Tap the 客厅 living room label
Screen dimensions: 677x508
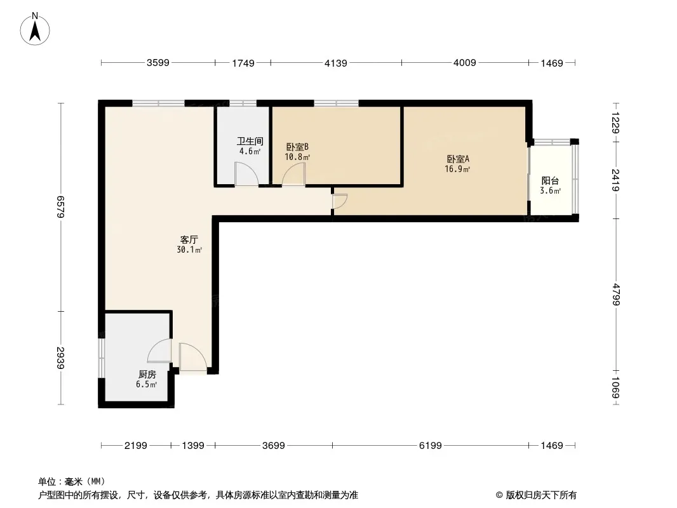click(189, 239)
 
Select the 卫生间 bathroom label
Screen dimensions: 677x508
click(250, 141)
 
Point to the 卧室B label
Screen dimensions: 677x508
click(297, 147)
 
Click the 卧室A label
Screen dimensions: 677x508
click(458, 159)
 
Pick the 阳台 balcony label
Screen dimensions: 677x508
click(550, 181)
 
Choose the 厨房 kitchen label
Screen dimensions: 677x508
click(147, 374)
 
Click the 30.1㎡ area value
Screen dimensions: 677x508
click(189, 250)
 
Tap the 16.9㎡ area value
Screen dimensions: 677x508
click(458, 169)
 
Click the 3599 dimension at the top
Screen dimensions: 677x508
click(158, 63)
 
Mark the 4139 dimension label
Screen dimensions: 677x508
click(336, 63)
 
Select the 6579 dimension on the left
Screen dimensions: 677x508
click(60, 207)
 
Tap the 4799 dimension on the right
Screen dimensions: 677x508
click(615, 295)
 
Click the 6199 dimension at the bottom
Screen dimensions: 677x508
click(431, 445)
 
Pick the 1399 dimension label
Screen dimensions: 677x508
click(193, 445)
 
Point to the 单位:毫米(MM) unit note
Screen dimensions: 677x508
click(72, 481)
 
